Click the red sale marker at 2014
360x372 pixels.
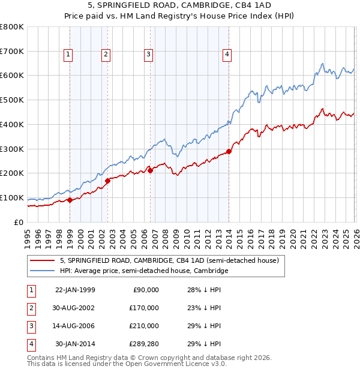tap(229, 151)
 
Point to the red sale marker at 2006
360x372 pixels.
tap(150, 170)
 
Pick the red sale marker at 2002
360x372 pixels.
tap(108, 180)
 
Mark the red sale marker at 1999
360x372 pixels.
tap(70, 200)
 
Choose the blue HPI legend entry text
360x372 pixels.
tap(144, 271)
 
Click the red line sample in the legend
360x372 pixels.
tap(43, 261)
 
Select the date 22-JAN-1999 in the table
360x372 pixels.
tap(75, 290)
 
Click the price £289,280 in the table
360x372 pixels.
tap(143, 344)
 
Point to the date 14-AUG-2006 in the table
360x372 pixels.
tap(75, 326)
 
